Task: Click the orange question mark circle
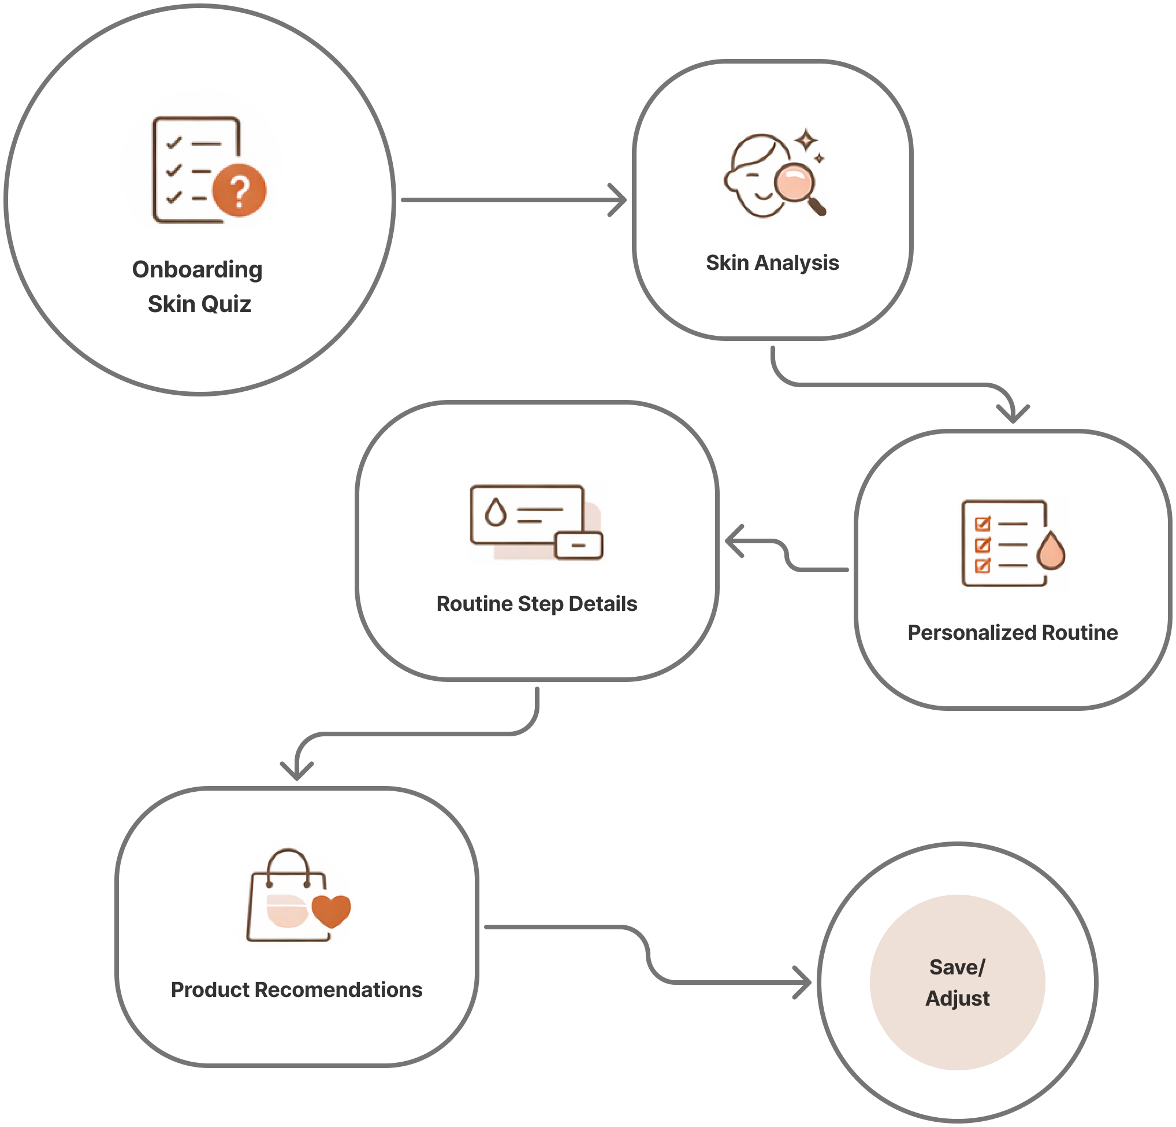coord(239,190)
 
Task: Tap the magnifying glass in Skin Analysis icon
coord(794,183)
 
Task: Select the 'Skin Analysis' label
coord(772,263)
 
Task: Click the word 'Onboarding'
coord(198,269)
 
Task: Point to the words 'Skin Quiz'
coord(199,304)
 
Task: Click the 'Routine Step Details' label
coord(537,603)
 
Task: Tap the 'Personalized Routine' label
coord(1012,632)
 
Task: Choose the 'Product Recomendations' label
coord(296,989)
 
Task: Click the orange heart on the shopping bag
coord(331,910)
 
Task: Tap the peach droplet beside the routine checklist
coord(1051,551)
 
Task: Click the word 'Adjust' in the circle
coord(957,999)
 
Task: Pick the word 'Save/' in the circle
coord(957,967)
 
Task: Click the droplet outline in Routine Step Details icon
coord(496,512)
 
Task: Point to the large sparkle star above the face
coord(807,140)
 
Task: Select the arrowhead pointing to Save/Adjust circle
coord(803,983)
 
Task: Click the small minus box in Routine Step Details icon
coord(578,545)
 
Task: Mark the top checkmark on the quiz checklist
coord(174,143)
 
